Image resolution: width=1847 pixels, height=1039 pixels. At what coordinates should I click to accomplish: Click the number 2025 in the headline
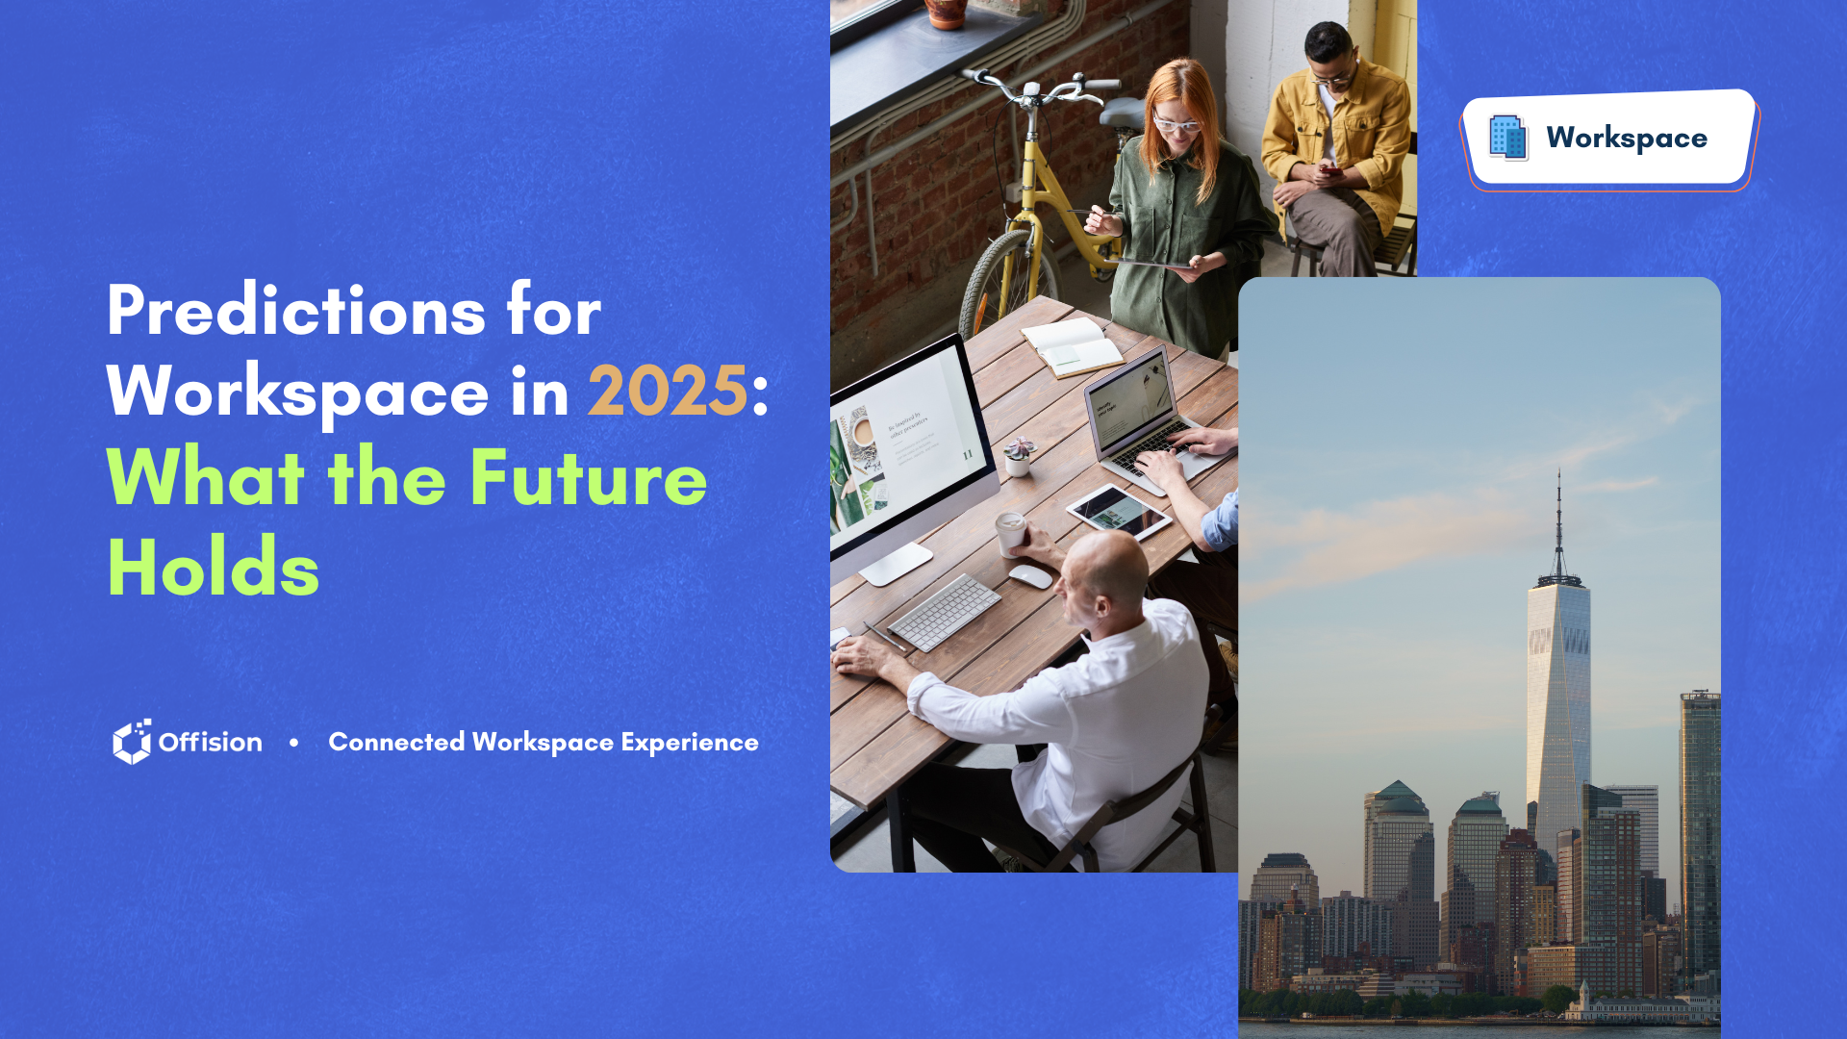(668, 392)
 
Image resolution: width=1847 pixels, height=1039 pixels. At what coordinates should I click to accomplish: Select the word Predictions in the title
(296, 311)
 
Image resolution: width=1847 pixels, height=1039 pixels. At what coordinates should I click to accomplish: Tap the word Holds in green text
(213, 568)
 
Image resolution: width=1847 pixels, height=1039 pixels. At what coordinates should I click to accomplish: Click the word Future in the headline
(588, 477)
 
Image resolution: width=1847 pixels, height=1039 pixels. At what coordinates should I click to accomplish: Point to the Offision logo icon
(132, 742)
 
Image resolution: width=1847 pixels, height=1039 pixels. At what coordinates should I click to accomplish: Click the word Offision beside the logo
(210, 742)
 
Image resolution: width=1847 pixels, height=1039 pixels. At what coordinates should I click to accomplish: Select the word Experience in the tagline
(690, 743)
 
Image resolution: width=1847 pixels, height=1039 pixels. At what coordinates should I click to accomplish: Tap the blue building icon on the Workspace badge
(1507, 137)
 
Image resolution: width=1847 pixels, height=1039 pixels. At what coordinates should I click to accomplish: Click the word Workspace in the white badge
(1627, 139)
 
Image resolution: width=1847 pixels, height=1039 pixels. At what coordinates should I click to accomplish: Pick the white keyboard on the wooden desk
(944, 612)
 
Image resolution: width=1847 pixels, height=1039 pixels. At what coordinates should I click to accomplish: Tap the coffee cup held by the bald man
(1010, 535)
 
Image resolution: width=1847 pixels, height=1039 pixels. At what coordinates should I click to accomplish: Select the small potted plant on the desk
(1018, 457)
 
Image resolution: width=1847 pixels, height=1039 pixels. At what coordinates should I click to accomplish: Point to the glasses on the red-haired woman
(1176, 124)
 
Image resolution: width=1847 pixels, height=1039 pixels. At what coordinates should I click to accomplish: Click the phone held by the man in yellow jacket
(1329, 172)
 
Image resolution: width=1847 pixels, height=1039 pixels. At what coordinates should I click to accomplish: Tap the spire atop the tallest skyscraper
(1558, 524)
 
